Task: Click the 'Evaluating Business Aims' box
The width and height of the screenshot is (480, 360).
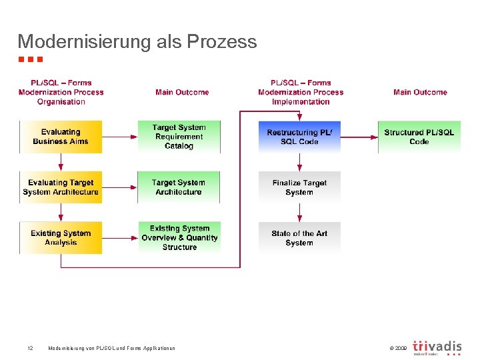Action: [x=61, y=137]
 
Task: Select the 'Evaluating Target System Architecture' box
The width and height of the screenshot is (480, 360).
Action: [x=61, y=187]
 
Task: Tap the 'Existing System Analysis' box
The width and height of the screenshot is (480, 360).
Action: [x=61, y=238]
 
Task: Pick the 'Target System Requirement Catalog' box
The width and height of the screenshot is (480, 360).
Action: [x=179, y=137]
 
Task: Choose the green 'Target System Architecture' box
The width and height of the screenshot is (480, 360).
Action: [x=179, y=187]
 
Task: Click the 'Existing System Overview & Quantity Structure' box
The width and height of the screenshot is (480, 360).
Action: [x=179, y=238]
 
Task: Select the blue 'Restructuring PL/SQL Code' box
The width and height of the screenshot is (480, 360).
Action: [x=299, y=137]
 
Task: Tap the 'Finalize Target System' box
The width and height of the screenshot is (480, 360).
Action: [x=299, y=187]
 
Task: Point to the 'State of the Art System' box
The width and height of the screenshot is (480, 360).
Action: [x=299, y=238]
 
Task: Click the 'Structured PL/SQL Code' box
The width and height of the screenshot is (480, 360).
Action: [x=419, y=137]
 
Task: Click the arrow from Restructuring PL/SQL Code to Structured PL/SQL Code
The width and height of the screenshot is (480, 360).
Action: [x=359, y=137]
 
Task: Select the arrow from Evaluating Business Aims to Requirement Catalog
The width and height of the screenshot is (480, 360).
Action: [x=119, y=137]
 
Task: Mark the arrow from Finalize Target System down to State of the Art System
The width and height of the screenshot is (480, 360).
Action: [x=299, y=213]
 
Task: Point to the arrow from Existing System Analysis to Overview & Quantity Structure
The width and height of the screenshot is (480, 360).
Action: [x=119, y=238]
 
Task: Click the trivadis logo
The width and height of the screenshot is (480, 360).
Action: [x=437, y=347]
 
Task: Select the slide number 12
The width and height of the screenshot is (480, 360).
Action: [x=30, y=348]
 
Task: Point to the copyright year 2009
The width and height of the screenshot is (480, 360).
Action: [x=398, y=348]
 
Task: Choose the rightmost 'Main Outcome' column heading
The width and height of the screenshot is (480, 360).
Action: [x=420, y=92]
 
